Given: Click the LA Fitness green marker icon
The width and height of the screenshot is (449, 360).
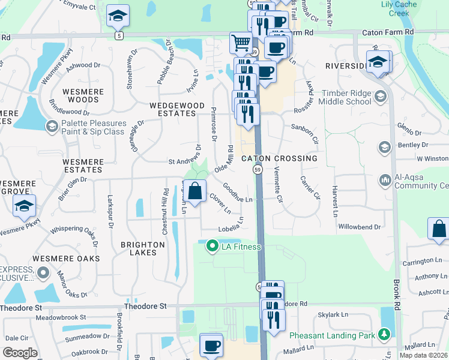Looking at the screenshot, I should point(211,246).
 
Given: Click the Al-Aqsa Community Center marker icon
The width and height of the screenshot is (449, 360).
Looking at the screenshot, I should point(384,179).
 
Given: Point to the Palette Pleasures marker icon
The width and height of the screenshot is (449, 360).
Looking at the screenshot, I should point(52,127).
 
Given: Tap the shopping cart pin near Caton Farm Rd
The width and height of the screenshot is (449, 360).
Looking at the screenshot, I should point(241,43).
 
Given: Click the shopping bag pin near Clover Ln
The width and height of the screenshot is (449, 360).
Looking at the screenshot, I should point(195,192).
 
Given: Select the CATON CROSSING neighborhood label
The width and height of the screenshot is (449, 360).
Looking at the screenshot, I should point(279,158).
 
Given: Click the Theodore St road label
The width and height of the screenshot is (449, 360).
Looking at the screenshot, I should point(146,306).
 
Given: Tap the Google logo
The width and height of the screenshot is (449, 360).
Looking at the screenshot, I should point(20,353).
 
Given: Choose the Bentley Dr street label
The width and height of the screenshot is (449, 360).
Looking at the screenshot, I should point(413,145).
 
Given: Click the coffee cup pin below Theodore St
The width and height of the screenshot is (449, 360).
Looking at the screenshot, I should point(211,346).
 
